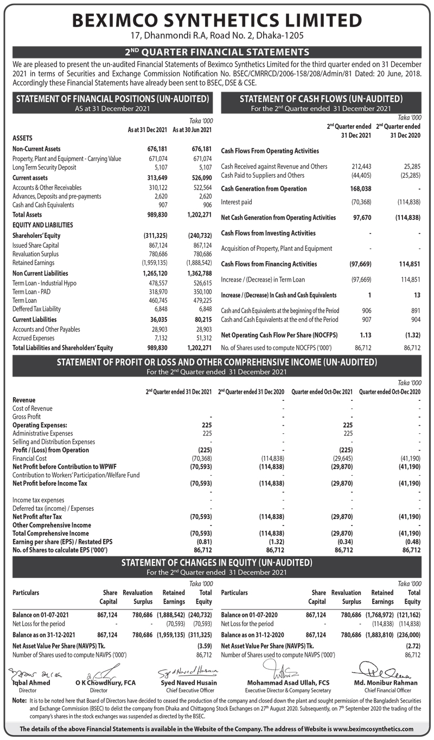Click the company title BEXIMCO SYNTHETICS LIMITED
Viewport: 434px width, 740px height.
[x=217, y=21]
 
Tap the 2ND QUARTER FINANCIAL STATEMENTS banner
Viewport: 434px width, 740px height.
[x=217, y=52]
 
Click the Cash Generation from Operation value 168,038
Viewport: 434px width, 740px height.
[x=360, y=189]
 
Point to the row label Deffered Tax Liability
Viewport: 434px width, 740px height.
[x=36, y=309]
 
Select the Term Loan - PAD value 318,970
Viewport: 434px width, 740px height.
[x=157, y=291]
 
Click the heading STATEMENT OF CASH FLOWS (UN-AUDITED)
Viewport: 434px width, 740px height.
[x=321, y=99]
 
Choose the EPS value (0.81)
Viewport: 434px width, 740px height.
[x=201, y=542]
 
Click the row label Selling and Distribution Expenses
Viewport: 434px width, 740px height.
[x=53, y=442]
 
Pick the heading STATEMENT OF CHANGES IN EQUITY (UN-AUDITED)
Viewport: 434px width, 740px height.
[x=217, y=562]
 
